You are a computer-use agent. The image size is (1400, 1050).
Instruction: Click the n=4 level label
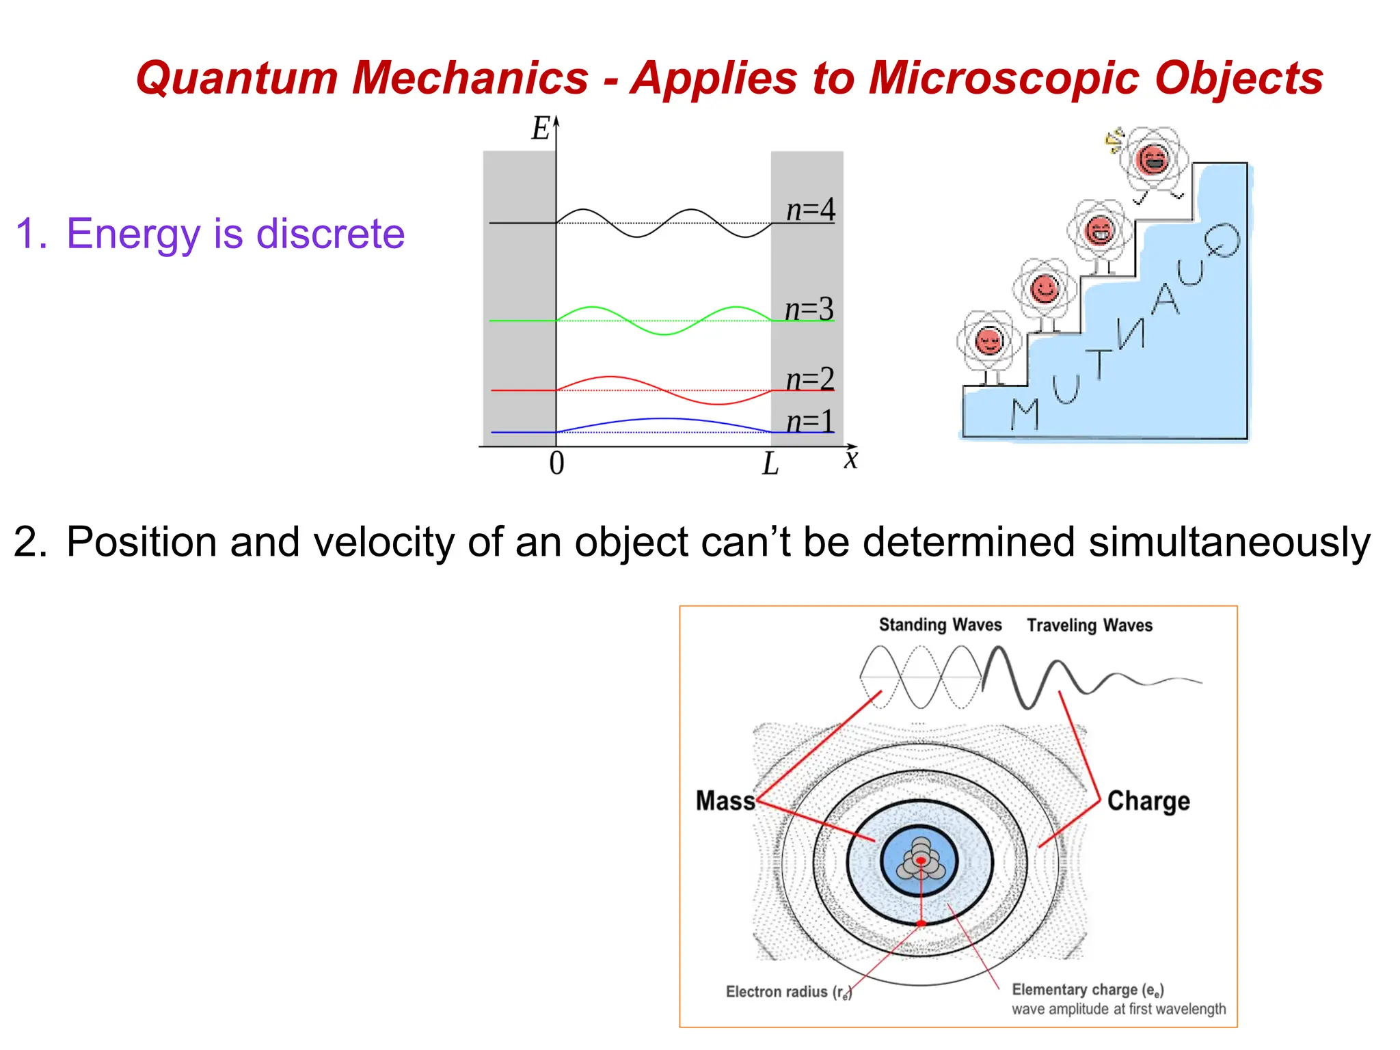810,209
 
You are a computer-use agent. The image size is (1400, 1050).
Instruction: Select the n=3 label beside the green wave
809,309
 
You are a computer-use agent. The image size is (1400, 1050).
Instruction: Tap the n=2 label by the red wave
810,379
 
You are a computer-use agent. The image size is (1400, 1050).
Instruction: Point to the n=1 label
810,421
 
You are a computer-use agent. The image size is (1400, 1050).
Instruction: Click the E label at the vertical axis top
541,129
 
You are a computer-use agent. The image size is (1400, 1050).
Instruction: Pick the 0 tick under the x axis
556,463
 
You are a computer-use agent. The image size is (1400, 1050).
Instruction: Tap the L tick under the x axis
770,464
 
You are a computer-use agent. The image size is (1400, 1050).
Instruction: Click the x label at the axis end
850,459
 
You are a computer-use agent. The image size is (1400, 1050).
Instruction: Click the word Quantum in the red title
236,77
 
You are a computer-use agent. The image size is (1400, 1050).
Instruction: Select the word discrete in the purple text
330,234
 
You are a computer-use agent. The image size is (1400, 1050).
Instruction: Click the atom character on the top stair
1153,161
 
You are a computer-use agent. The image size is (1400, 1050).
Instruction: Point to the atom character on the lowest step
989,342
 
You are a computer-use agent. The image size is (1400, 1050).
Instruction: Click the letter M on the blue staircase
1025,414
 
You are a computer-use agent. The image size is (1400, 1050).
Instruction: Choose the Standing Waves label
940,625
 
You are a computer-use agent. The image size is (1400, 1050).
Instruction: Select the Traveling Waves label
1090,625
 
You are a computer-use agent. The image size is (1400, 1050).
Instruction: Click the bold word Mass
725,800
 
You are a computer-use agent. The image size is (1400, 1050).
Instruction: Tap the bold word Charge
1148,800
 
